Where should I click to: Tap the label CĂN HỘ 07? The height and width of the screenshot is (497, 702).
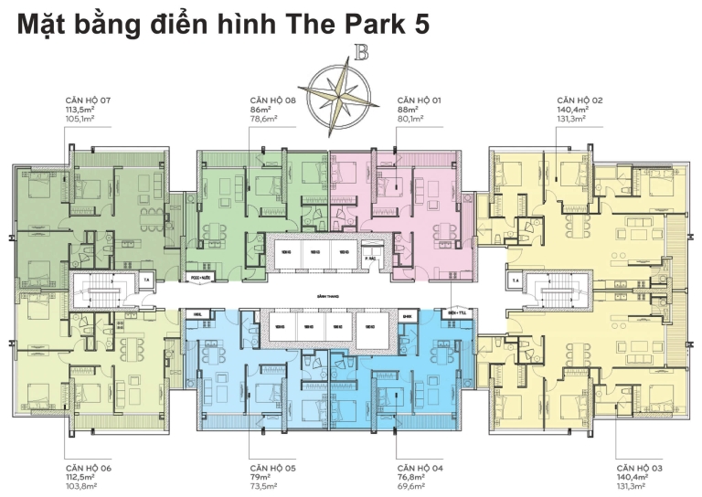click(88, 99)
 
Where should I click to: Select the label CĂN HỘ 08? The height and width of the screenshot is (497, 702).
click(272, 99)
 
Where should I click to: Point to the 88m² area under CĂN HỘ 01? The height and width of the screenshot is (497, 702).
click(407, 109)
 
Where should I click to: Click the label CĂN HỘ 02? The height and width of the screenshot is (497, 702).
click(580, 99)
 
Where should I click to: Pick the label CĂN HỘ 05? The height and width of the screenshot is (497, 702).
click(272, 465)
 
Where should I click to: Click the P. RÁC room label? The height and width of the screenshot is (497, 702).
click(372, 259)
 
